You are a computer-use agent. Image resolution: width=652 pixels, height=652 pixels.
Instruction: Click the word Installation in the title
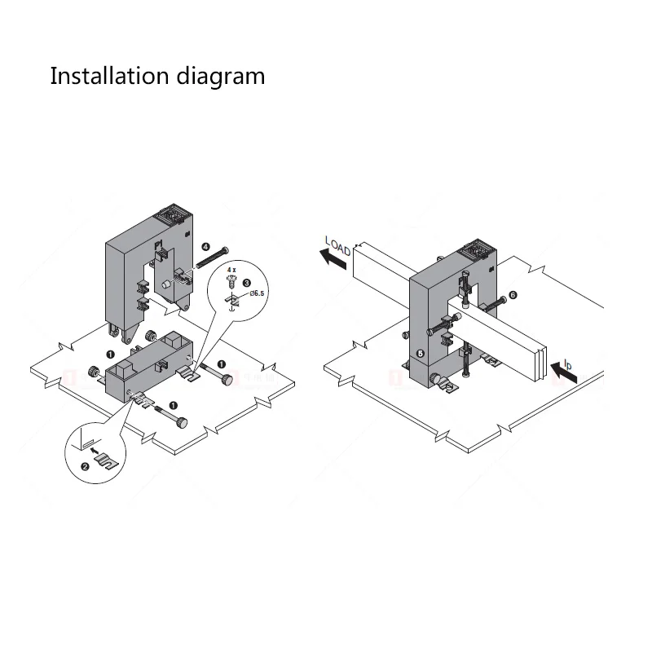(109, 77)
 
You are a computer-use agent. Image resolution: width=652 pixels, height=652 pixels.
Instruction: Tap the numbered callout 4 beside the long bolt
(206, 245)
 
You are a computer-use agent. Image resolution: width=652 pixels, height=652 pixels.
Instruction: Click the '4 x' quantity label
(231, 269)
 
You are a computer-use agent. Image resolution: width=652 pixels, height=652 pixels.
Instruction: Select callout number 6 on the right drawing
(513, 294)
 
